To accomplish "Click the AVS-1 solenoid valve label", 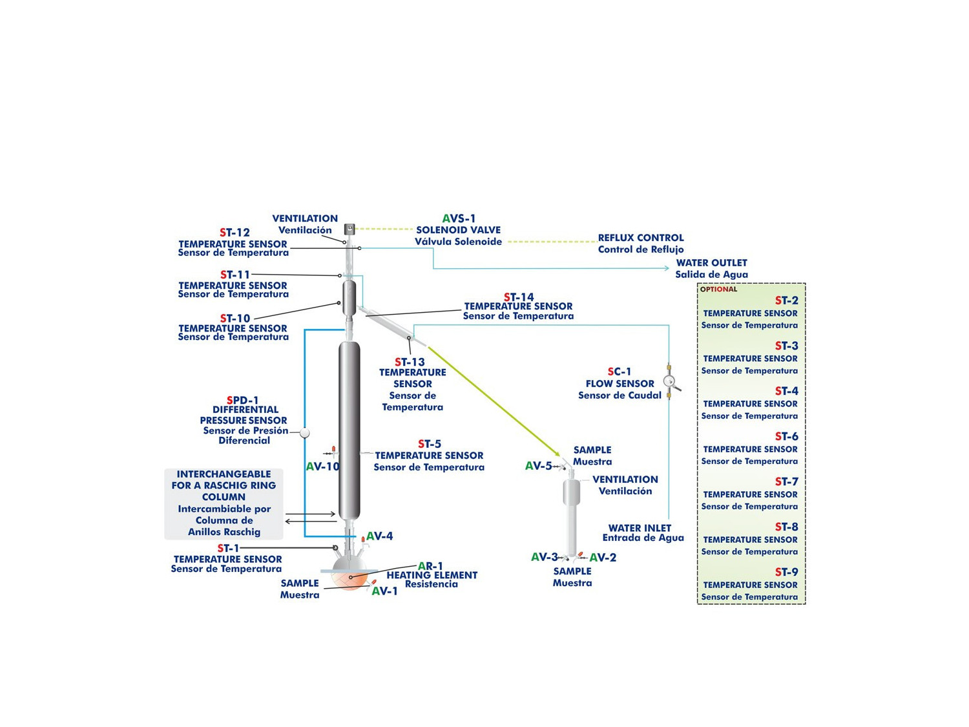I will [459, 219].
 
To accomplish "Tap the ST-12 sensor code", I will [234, 233].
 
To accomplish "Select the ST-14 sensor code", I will [519, 298].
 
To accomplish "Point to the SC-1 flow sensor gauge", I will [669, 381].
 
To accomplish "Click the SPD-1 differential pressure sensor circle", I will [305, 433].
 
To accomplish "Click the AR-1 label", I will [430, 566].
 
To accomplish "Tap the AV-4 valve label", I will [379, 536].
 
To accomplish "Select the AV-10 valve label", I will [322, 467].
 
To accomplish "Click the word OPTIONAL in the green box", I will [718, 290].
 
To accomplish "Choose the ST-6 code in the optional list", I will [786, 437].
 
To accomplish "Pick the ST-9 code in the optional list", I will [786, 573].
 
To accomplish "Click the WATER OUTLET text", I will [711, 263].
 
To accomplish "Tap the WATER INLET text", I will [640, 528].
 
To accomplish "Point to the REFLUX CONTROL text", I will [640, 238].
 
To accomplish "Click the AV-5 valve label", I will [538, 466].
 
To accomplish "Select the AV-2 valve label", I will [603, 558].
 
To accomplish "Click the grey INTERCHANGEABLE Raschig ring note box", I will [224, 504].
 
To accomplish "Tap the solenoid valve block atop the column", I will [349, 229].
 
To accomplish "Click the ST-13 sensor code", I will [410, 363].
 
